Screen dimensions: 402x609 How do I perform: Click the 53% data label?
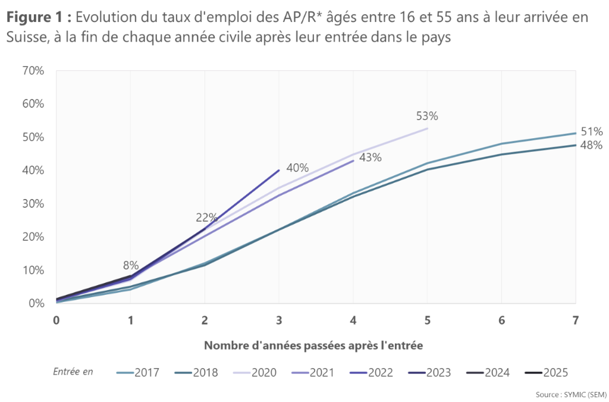pyautogui.click(x=427, y=116)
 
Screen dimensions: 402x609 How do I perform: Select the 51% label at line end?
pyautogui.click(x=592, y=132)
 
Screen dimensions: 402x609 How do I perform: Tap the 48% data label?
pyautogui.click(x=592, y=145)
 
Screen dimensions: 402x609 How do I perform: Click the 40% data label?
pyautogui.click(x=297, y=168)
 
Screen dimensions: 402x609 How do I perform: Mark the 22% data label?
pyautogui.click(x=206, y=217)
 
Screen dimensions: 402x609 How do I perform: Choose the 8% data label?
pyautogui.click(x=131, y=265)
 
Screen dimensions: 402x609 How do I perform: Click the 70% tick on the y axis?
pyautogui.click(x=33, y=70)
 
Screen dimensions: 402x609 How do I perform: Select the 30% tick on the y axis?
pyautogui.click(x=33, y=204)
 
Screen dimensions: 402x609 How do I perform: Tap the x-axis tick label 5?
pyautogui.click(x=427, y=320)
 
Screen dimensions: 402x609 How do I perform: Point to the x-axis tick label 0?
pyautogui.click(x=56, y=320)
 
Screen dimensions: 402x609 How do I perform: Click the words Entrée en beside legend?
pyautogui.click(x=73, y=372)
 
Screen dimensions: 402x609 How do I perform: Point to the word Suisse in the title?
pyautogui.click(x=26, y=37)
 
